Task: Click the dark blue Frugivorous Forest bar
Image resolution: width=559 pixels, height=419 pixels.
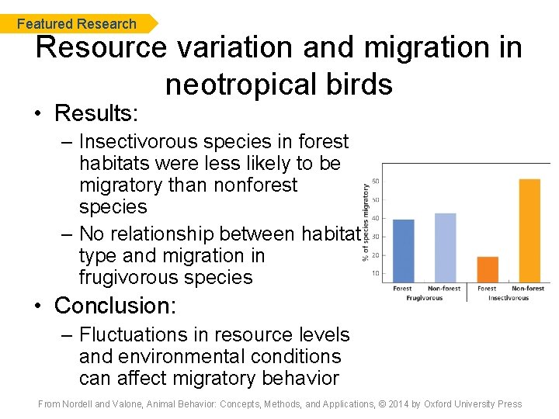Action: [403, 251]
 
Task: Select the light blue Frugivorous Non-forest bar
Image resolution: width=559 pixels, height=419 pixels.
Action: [446, 248]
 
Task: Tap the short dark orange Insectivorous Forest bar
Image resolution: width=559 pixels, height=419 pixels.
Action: [487, 269]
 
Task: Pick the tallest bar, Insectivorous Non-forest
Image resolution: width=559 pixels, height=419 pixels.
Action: [529, 230]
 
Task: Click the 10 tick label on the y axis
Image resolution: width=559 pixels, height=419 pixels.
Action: [376, 273]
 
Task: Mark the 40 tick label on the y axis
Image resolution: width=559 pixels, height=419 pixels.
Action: [376, 218]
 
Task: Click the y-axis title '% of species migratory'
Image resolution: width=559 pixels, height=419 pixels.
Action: [366, 222]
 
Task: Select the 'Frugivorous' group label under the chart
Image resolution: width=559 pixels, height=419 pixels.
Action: [424, 298]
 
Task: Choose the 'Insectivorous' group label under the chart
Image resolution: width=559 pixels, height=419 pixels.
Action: [509, 298]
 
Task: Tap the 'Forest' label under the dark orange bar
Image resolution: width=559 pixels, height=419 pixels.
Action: [487, 289]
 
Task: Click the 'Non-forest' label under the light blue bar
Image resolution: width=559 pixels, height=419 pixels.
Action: [446, 289]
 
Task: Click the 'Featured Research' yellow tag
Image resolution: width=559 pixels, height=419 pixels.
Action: [77, 24]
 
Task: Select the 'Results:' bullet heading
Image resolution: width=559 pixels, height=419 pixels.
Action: [95, 113]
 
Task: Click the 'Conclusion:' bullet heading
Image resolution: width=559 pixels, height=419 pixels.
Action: [115, 306]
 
